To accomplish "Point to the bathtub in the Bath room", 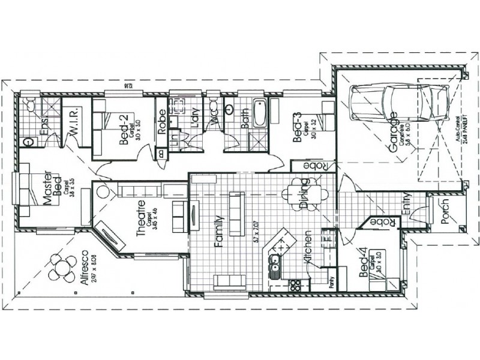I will [259, 113].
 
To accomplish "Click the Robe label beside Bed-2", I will [161, 123].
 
